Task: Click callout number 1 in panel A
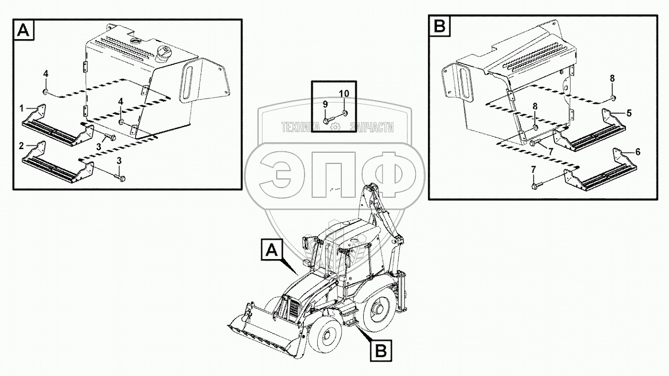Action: (x=21, y=108)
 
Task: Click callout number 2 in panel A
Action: (x=21, y=146)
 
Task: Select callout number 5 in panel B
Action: (x=629, y=113)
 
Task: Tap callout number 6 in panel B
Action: (x=638, y=152)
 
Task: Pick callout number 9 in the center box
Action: (x=325, y=105)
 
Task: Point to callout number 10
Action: (x=344, y=94)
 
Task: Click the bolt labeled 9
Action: (x=327, y=121)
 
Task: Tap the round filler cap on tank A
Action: (x=164, y=54)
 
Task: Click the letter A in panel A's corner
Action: (x=24, y=30)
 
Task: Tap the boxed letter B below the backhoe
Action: (x=381, y=350)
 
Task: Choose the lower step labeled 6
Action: (x=600, y=173)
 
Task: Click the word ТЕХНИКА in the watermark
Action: (x=301, y=128)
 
